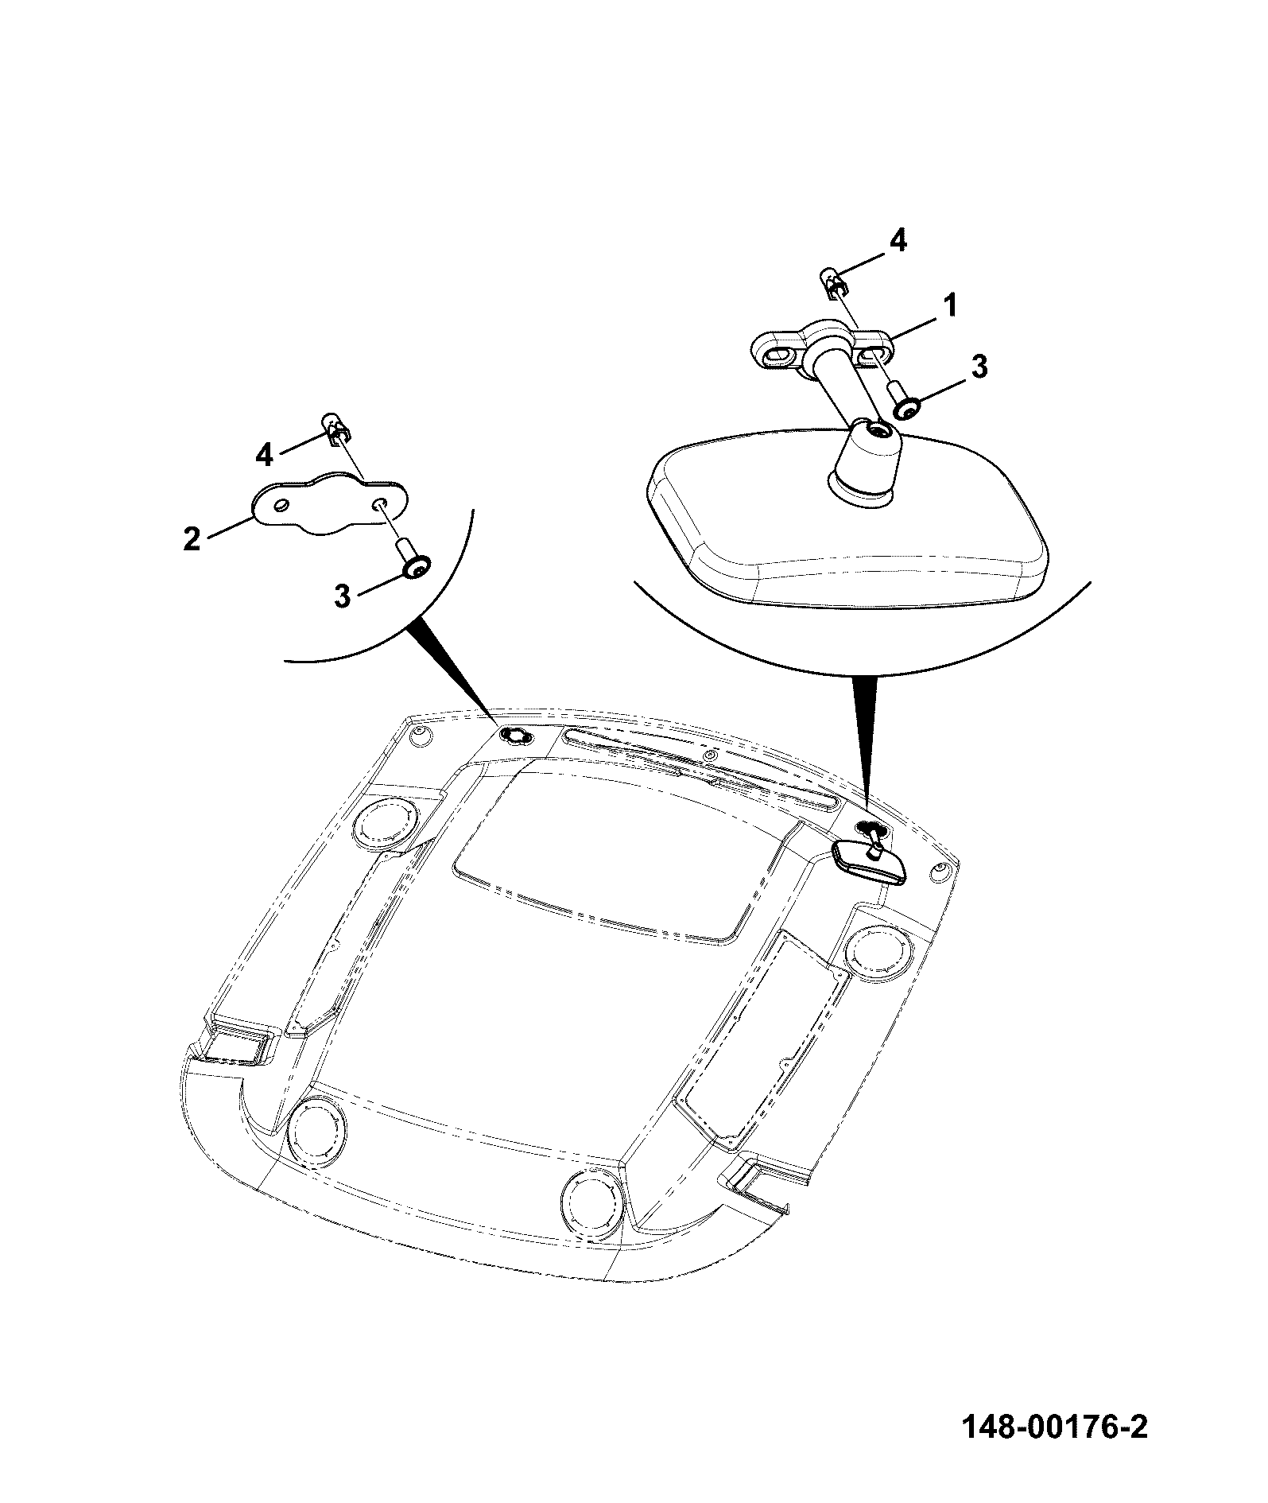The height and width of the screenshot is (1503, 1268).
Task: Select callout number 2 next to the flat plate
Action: point(192,539)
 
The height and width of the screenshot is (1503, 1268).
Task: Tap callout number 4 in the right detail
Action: point(897,240)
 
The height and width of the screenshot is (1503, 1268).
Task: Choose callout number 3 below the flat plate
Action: point(342,596)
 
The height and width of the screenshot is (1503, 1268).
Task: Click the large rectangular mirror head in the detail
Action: point(847,518)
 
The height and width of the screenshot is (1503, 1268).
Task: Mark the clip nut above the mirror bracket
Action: point(832,282)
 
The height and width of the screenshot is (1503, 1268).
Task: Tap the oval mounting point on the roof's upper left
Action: point(517,737)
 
